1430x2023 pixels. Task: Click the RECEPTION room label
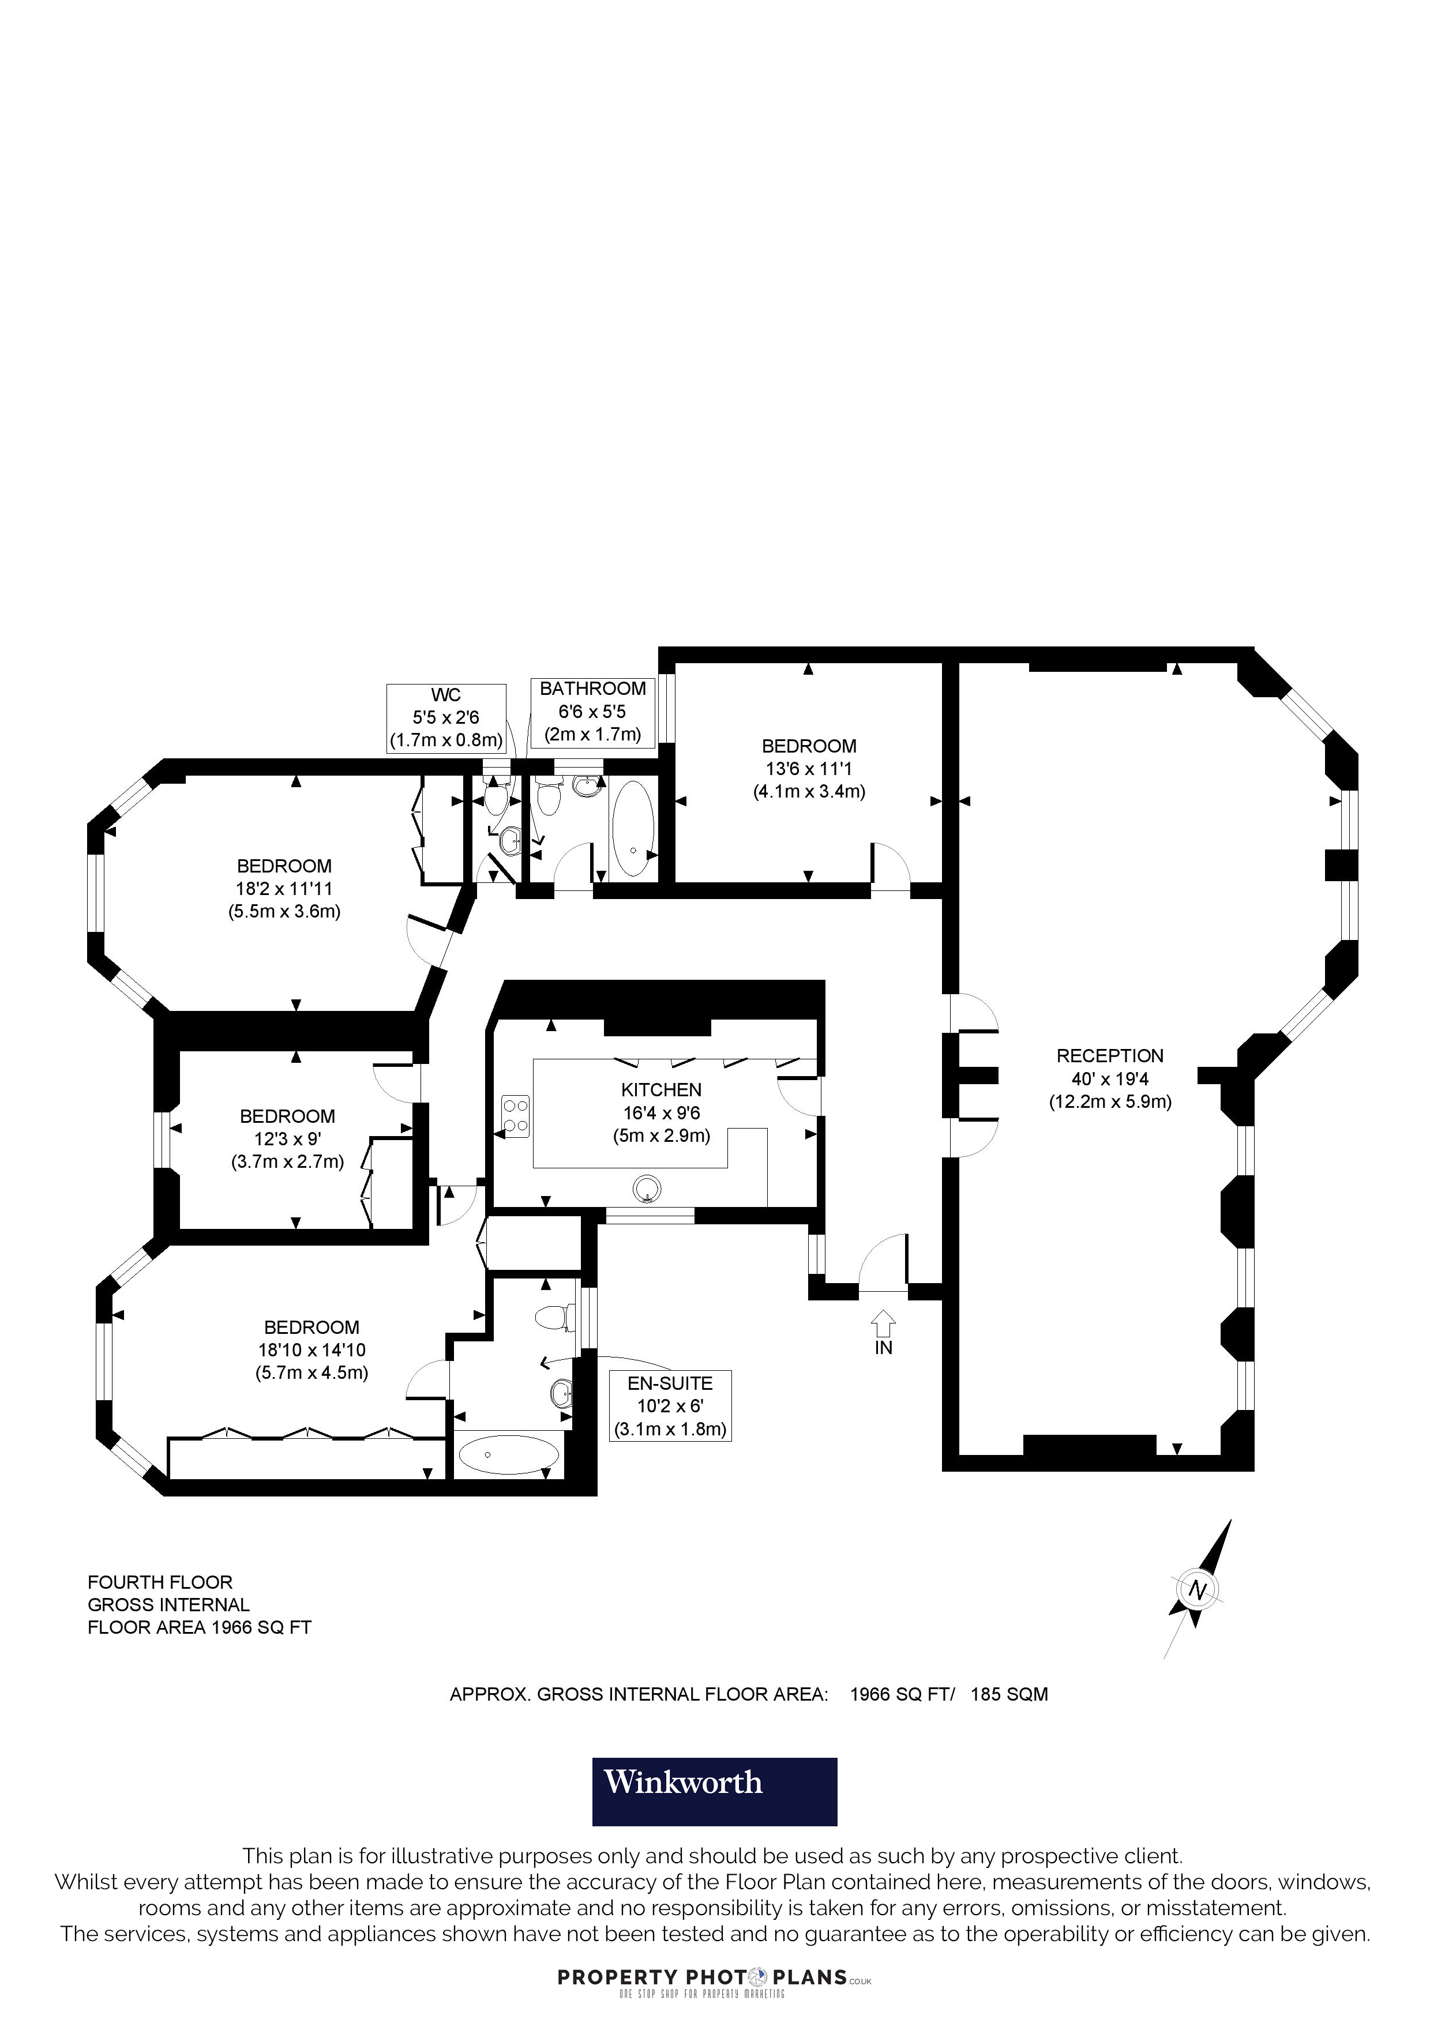[x=1109, y=1055]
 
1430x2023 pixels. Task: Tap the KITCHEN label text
[x=661, y=1090]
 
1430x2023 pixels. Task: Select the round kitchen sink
[x=648, y=1190]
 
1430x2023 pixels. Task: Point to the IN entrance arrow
[x=883, y=1323]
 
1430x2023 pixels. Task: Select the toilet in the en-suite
[x=551, y=1317]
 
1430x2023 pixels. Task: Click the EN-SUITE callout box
[x=670, y=1405]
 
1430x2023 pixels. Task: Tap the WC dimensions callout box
[x=446, y=718]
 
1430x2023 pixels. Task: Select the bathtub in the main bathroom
[x=633, y=828]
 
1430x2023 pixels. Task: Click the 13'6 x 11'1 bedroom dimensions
[x=808, y=768]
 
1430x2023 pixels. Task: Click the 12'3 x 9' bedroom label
[x=287, y=1138]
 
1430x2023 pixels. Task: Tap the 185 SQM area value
[x=1009, y=1694]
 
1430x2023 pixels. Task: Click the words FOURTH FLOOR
[x=159, y=1582]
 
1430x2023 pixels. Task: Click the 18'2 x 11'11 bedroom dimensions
[x=284, y=889]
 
